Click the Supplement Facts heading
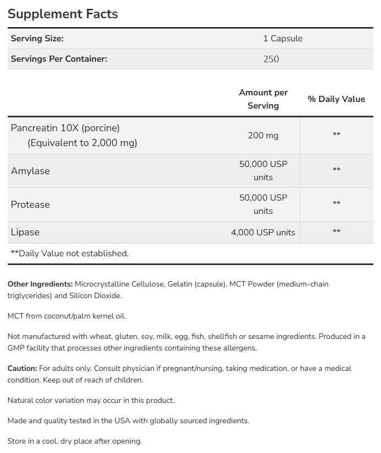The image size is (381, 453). click(x=63, y=14)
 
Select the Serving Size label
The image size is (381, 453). click(x=37, y=39)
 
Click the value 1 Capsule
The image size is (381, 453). click(x=283, y=39)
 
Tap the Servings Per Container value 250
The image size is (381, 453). click(x=271, y=58)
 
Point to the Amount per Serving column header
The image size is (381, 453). click(x=263, y=99)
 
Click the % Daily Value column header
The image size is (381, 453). click(x=336, y=99)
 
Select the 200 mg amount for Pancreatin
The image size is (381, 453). click(x=263, y=134)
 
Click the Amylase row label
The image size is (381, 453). click(x=30, y=171)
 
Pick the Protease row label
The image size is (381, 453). click(x=30, y=204)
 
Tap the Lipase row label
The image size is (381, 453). click(x=25, y=232)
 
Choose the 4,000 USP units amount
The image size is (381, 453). click(x=263, y=233)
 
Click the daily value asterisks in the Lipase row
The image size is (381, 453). click(x=336, y=233)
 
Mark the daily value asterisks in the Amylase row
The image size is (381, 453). click(x=336, y=171)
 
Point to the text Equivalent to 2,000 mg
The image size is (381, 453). click(x=82, y=143)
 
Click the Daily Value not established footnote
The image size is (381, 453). click(x=69, y=254)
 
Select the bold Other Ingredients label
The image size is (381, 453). click(x=40, y=284)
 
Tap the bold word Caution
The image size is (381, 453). click(x=23, y=368)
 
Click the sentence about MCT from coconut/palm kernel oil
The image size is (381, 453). click(x=67, y=316)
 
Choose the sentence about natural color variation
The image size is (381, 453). click(x=91, y=400)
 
